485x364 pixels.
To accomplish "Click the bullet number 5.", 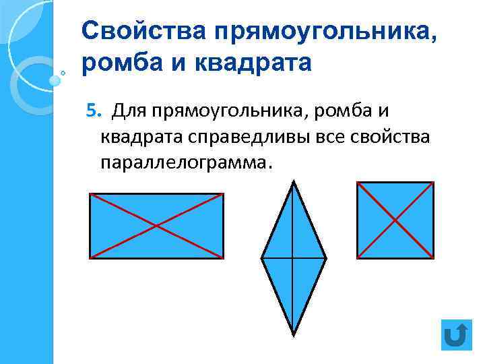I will (93, 110).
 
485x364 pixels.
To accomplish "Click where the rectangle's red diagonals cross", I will (156, 226).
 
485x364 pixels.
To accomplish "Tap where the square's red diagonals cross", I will (395, 220).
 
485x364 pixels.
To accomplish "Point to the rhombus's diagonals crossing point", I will (294, 258).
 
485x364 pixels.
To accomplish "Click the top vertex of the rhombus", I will (294, 181).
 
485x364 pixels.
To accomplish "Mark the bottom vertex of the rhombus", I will (294, 334).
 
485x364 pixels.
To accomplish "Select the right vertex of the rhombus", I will (326, 258).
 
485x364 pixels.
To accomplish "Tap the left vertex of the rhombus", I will (261, 258).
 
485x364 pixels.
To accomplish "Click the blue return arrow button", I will (457, 334).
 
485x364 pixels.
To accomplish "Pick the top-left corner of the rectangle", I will (90, 194).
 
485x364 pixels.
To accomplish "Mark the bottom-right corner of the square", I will (433, 257).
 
